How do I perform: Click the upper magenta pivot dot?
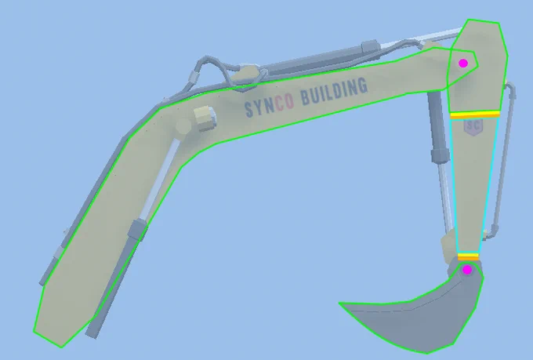point(463,63)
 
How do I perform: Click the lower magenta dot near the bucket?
point(467,270)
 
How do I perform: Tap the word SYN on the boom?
point(259,108)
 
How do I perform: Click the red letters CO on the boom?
point(285,103)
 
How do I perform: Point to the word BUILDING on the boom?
point(335,90)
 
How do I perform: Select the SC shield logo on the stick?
point(473,126)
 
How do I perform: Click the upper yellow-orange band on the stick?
point(475,115)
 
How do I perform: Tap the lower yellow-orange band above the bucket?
point(468,256)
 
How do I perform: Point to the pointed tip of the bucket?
point(339,303)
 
